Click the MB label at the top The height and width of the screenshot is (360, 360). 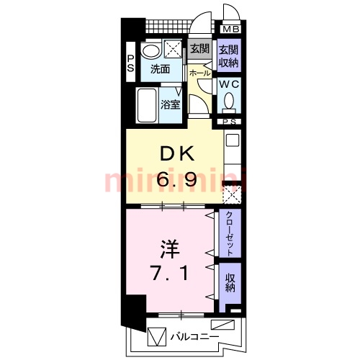[231, 29]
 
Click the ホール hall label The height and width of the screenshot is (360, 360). [199, 73]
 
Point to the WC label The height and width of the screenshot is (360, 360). [229, 84]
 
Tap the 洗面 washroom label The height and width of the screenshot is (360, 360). [160, 70]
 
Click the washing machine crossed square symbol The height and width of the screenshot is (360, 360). [175, 50]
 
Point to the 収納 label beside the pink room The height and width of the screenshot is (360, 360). [230, 282]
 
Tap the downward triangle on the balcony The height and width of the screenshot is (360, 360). [156, 335]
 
